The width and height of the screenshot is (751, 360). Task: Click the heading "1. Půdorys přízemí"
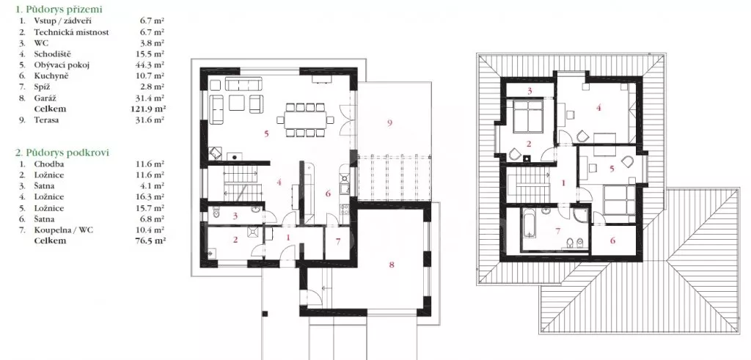point(59,9)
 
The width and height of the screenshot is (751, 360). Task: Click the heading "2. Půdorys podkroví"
point(62,153)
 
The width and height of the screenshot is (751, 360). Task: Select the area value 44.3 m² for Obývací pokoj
point(150,65)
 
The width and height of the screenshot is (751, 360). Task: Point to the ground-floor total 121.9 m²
point(148,109)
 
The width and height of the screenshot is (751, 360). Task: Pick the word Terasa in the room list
point(46,120)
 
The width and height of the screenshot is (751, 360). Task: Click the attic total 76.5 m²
point(150,240)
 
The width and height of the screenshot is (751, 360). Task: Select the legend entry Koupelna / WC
point(64,229)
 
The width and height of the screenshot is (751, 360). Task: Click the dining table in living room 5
point(305,120)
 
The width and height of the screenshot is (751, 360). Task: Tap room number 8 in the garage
point(392,265)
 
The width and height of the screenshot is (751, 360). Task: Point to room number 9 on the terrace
point(389,123)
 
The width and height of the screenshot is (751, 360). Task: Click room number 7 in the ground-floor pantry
point(338,241)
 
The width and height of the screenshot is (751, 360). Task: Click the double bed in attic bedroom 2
point(527,117)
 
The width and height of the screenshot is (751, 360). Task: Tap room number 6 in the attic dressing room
point(612,240)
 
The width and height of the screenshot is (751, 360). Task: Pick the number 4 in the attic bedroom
point(598,108)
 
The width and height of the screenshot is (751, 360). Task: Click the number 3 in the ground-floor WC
point(235,216)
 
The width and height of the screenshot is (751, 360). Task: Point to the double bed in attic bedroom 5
point(619,199)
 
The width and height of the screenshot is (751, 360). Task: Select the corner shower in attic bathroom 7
point(582,215)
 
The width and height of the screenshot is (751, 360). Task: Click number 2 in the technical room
point(235,240)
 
